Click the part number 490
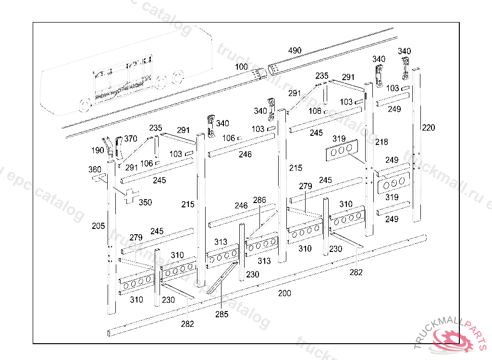click(x=295, y=50)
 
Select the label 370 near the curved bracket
click(x=131, y=139)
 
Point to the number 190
click(x=97, y=150)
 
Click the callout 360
click(x=95, y=169)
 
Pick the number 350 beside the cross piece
click(x=145, y=202)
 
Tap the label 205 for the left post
click(x=98, y=226)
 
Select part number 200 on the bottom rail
click(x=284, y=293)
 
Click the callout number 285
click(x=221, y=314)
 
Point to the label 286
click(x=259, y=200)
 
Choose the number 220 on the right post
click(x=429, y=127)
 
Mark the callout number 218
click(x=381, y=142)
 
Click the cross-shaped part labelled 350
click(x=129, y=195)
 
